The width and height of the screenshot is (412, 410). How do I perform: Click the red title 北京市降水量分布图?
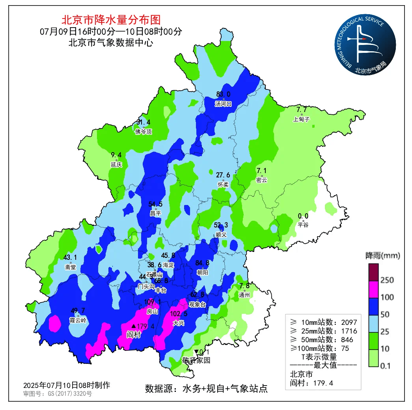111,20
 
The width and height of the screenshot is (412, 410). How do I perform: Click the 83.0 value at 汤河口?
223,94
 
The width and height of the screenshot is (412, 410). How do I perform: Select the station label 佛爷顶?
143,132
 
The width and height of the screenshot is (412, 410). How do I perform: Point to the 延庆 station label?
116,164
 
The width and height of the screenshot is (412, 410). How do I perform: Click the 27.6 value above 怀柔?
223,175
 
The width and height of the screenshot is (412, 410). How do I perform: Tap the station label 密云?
261,180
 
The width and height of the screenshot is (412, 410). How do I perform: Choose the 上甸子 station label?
301,119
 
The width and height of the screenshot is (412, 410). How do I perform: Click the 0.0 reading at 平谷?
303,216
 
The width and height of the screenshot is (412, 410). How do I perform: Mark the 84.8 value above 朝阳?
202,263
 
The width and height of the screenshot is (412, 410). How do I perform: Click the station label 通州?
244,294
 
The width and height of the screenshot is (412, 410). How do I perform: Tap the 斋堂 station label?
71,267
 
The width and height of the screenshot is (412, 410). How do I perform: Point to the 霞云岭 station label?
78,320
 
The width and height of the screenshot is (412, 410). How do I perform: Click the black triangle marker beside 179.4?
134,326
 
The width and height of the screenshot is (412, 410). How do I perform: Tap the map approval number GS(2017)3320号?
58,393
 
